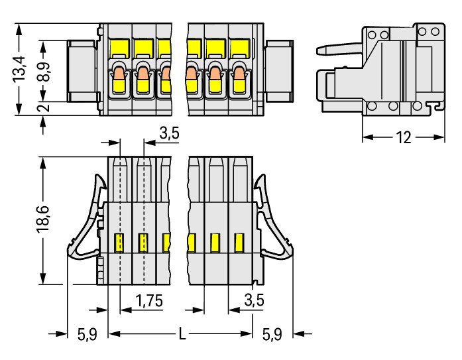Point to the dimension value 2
pos(42,108)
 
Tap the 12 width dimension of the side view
pos(403,137)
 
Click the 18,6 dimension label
pos(41,219)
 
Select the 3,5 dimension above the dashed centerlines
pos(169,134)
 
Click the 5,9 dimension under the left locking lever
pos(87,334)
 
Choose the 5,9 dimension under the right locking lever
pos(272,334)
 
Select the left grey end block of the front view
pos(83,70)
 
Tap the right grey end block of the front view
pos(278,70)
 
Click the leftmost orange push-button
pos(119,74)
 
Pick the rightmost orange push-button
pos(238,74)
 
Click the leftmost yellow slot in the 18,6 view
pos(120,243)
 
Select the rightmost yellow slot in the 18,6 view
pos(239,243)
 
